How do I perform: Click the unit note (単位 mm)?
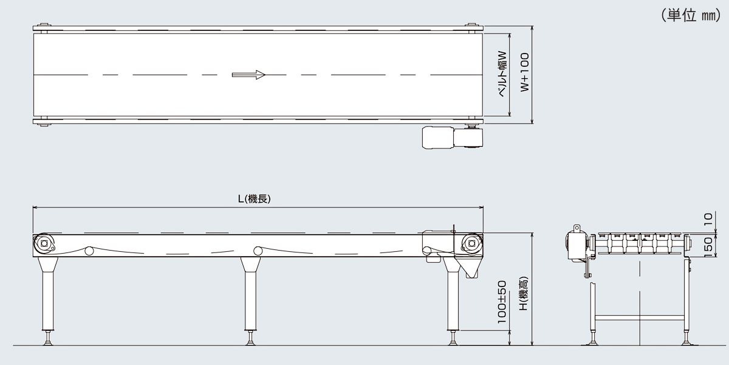(690, 15)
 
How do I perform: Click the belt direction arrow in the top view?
(249, 75)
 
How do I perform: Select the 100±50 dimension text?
(502, 302)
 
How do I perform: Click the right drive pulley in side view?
(471, 244)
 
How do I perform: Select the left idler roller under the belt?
(89, 251)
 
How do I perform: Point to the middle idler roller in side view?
(258, 251)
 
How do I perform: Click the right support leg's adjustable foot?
(453, 338)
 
